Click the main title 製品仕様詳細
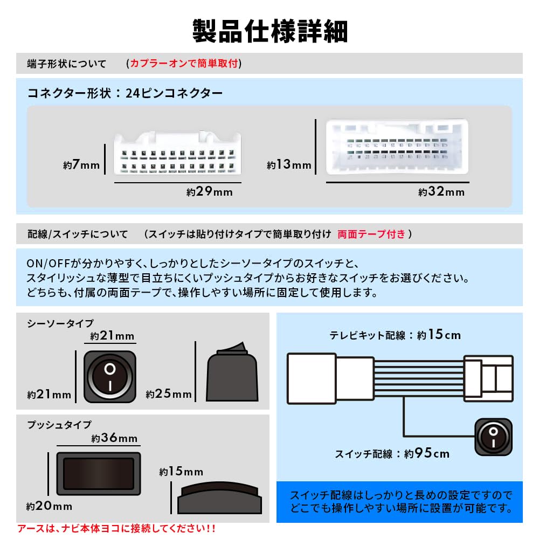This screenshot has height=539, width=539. point(269,31)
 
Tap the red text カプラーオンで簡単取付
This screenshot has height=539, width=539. point(184,64)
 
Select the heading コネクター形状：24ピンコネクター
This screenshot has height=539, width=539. point(125,93)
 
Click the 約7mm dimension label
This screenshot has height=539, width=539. point(81,165)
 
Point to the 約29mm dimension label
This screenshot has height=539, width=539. point(209,192)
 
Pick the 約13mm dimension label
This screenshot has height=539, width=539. point(289,165)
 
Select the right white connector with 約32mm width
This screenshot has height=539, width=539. point(397,147)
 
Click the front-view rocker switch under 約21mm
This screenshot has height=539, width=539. point(110,377)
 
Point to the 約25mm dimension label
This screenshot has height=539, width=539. point(169,394)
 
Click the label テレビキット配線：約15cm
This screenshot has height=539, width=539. point(395,335)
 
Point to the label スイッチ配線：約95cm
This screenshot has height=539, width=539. point(392,454)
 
